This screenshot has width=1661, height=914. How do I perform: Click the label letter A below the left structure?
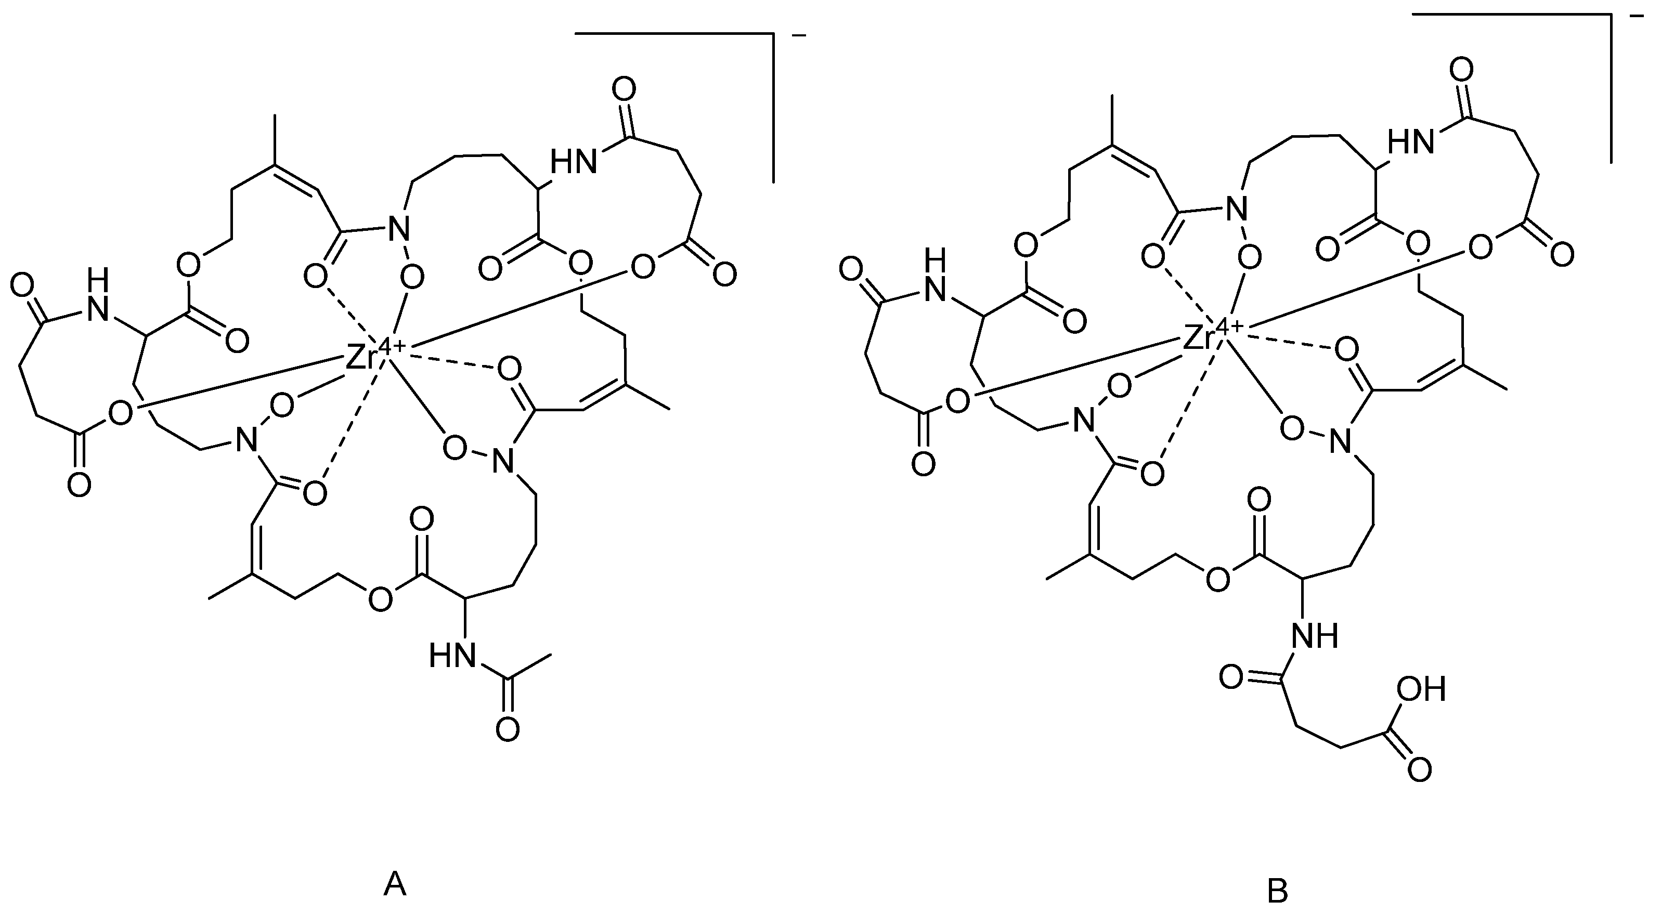(395, 884)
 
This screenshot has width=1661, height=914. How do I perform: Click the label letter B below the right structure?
(1278, 892)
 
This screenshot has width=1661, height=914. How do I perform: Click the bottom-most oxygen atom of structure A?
(508, 729)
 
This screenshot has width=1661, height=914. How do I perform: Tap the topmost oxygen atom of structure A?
(624, 88)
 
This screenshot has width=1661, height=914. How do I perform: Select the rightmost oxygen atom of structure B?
(1562, 255)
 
